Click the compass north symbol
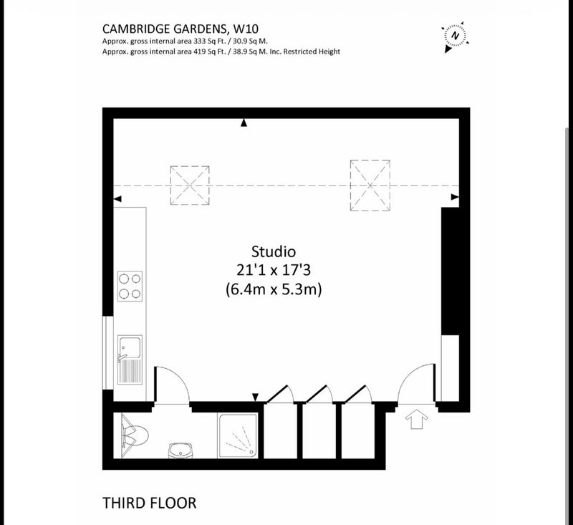click(x=456, y=36)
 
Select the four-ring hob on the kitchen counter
click(x=130, y=286)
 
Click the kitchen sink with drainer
click(x=130, y=360)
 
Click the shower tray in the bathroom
click(x=238, y=435)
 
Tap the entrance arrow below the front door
click(x=417, y=419)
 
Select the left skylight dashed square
click(x=190, y=186)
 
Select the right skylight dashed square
click(x=370, y=186)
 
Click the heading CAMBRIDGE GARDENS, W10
click(x=180, y=29)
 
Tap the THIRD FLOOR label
click(x=149, y=503)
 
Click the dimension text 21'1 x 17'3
click(x=274, y=270)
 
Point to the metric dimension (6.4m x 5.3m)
click(x=274, y=289)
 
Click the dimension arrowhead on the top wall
click(x=244, y=122)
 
